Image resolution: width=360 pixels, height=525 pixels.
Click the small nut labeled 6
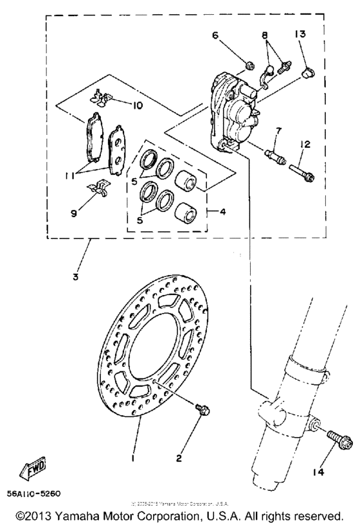click(249, 64)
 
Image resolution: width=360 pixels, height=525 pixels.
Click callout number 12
click(304, 145)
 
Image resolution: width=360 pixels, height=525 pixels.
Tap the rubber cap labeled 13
click(308, 73)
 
